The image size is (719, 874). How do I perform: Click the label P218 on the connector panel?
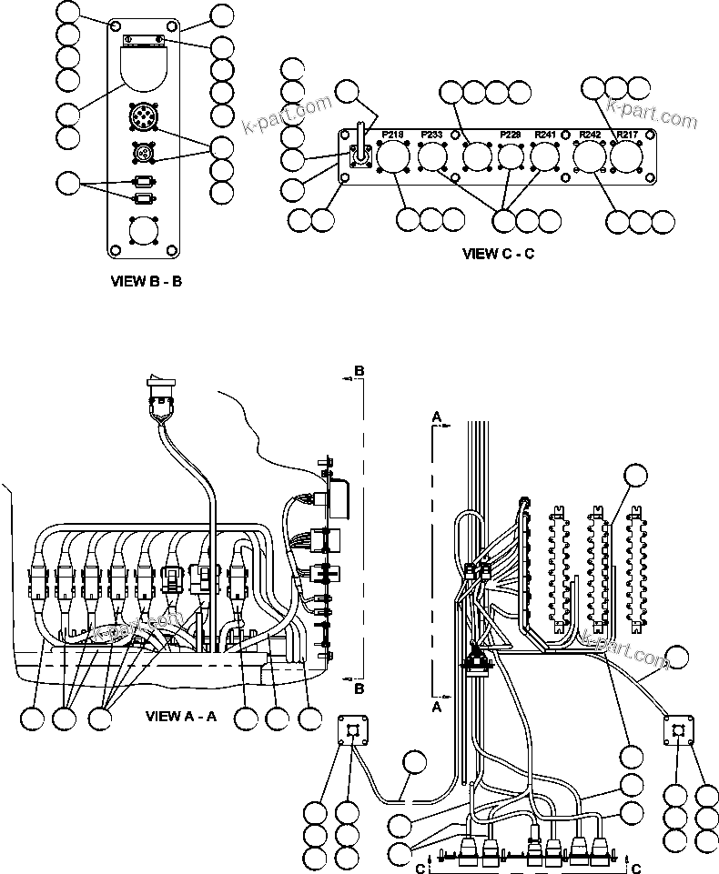[x=392, y=135]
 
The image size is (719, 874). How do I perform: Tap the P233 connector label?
[x=431, y=135]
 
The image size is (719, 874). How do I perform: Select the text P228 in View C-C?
[x=511, y=135]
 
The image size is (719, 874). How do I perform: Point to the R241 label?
[x=545, y=135]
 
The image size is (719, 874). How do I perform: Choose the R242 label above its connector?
[x=590, y=135]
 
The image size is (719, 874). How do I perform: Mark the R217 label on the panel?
[x=626, y=135]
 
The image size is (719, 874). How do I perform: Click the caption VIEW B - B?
[x=146, y=281]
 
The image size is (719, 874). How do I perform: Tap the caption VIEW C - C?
[x=498, y=254]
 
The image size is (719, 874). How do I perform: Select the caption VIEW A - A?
[x=181, y=716]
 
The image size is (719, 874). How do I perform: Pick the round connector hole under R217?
[x=626, y=158]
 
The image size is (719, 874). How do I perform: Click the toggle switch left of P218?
[x=358, y=155]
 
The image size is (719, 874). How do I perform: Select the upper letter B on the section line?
[x=359, y=371]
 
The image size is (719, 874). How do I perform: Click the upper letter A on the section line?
[x=436, y=416]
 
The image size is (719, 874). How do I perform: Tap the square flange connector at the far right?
[x=676, y=730]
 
